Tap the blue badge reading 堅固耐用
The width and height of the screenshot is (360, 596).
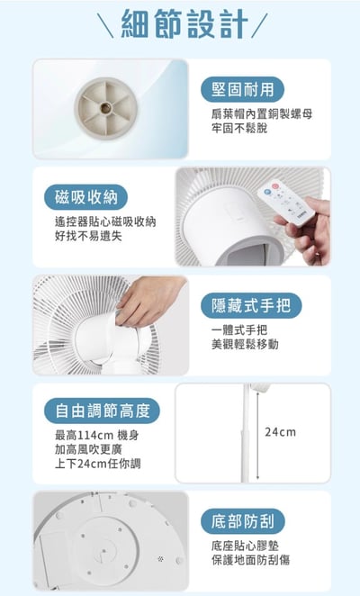click(x=242, y=89)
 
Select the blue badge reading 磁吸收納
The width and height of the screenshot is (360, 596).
click(x=91, y=197)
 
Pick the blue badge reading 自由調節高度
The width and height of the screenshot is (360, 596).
click(x=102, y=412)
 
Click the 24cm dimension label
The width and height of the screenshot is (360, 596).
click(x=281, y=433)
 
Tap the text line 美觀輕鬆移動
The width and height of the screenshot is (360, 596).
click(x=245, y=345)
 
